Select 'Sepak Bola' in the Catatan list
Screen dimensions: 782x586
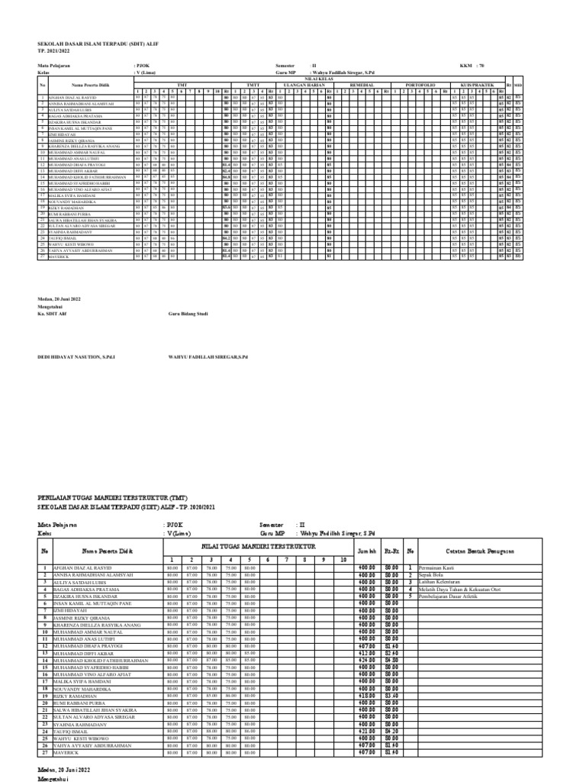(429, 574)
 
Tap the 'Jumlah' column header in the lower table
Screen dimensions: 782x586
(368, 550)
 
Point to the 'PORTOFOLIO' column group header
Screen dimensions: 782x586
(420, 84)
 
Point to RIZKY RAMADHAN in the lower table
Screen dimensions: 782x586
(72, 697)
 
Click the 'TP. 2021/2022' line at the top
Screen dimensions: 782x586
(58, 49)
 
